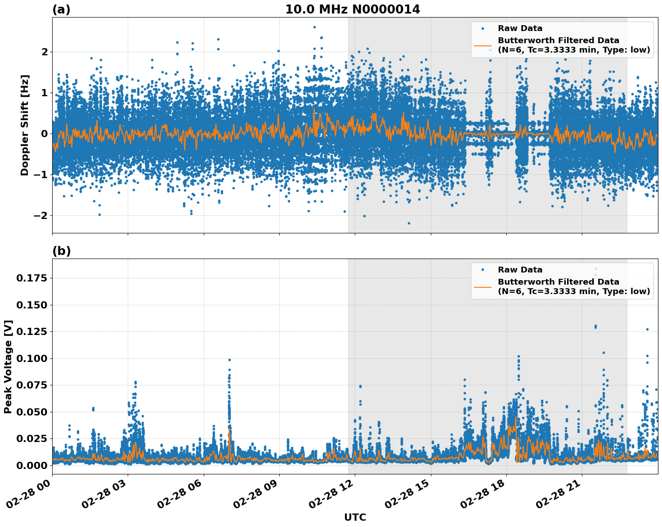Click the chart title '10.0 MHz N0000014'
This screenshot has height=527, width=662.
[353, 9]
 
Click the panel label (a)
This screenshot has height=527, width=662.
[61, 9]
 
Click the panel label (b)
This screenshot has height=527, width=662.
[61, 251]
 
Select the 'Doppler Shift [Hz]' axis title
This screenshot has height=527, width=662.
[25, 125]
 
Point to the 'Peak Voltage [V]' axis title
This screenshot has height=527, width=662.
[8, 366]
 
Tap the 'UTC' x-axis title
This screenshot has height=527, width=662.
[355, 517]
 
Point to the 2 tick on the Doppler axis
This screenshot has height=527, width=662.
[45, 52]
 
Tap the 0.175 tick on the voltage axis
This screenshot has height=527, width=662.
[31, 278]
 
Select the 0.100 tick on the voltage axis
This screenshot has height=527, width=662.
[31, 358]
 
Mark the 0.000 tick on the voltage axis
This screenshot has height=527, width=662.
[31, 465]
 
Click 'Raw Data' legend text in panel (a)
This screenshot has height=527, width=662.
[520, 28]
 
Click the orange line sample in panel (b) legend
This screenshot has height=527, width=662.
[483, 286]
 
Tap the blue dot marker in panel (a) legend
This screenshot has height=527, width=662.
[483, 28]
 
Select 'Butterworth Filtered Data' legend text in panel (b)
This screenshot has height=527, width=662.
[558, 282]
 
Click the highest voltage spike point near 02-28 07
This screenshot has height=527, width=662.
[229, 360]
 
